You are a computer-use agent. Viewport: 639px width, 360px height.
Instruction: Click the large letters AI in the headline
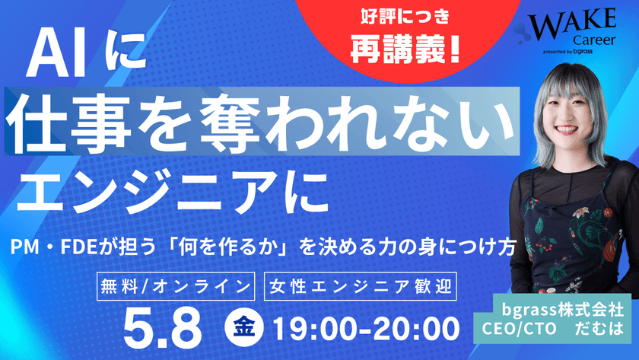[x=57, y=55]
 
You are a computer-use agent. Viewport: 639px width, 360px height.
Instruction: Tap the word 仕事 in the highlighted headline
[x=68, y=122]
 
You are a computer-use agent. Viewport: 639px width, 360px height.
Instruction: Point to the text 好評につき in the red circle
[x=405, y=17]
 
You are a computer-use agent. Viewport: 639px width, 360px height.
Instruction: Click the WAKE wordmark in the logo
[x=572, y=23]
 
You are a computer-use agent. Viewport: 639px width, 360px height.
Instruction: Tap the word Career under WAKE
[x=594, y=40]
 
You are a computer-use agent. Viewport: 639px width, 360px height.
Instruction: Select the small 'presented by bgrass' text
[x=567, y=52]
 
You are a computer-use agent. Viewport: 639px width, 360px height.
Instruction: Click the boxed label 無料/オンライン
[x=176, y=286]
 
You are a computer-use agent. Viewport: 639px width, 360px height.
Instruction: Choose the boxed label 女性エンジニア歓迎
[x=361, y=286]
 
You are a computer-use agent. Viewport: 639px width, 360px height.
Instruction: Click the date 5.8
[x=163, y=328]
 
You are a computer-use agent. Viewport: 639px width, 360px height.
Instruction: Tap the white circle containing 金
[x=243, y=327]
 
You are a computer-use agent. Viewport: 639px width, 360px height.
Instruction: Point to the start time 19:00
[x=319, y=329]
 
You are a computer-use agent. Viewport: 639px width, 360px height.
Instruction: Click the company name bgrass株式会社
[x=562, y=310]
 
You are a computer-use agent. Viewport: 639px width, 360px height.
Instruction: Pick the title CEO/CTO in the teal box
[x=519, y=328]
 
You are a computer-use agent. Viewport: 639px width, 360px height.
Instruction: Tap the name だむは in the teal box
[x=599, y=328]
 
